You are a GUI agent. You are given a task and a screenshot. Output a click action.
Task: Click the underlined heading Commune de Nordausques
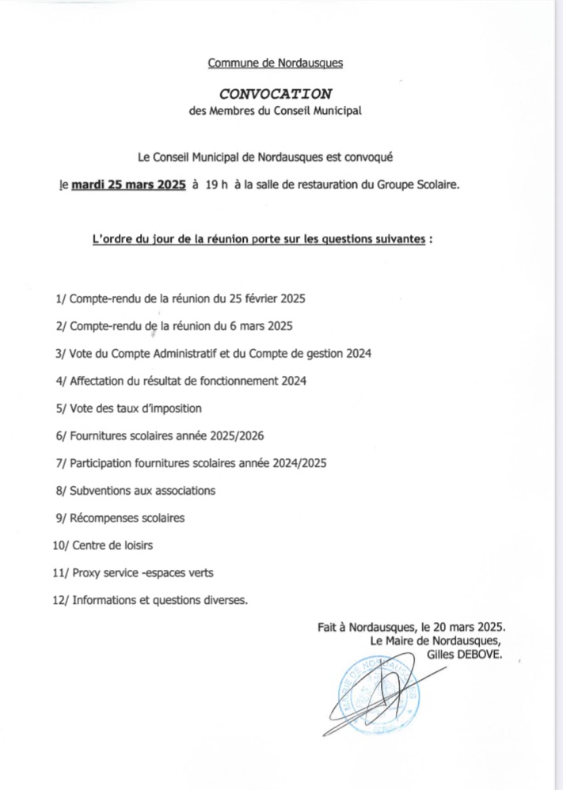coord(276,62)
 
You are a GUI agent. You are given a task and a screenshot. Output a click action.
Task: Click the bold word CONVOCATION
coord(276,93)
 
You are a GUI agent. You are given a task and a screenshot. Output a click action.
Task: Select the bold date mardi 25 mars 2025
coord(128,185)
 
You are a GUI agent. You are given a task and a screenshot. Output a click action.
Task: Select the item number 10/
coord(60,545)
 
